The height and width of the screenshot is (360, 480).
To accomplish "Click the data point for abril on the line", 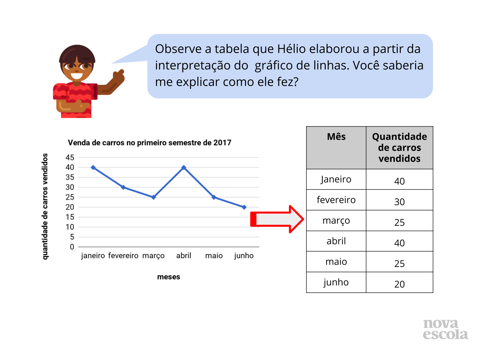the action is pyautogui.click(x=183, y=167).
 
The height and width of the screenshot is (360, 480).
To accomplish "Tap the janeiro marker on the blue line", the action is pyautogui.click(x=93, y=167).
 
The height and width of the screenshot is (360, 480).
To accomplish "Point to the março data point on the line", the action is pyautogui.click(x=153, y=197).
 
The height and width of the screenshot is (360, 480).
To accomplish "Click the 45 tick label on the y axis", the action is pyautogui.click(x=70, y=157).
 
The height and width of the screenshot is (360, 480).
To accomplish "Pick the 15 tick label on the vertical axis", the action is pyautogui.click(x=70, y=217).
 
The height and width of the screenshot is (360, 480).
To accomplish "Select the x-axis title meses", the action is pyautogui.click(x=168, y=276).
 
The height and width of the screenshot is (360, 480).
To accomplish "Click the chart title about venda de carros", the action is pyautogui.click(x=149, y=142).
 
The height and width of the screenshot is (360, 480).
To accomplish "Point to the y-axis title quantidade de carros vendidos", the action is pyautogui.click(x=45, y=206).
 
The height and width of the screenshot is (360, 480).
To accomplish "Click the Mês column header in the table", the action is pyautogui.click(x=336, y=136).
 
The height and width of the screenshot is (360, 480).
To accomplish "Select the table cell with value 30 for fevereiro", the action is pyautogui.click(x=399, y=202).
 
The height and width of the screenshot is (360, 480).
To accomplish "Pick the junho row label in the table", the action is pyautogui.click(x=336, y=282).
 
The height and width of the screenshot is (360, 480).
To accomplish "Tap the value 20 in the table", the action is pyautogui.click(x=399, y=284).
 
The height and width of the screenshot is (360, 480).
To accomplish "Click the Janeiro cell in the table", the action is pyautogui.click(x=336, y=179).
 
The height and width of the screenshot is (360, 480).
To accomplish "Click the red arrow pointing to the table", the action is pyautogui.click(x=277, y=219).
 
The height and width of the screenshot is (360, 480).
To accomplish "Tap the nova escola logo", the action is pyautogui.click(x=445, y=329).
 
